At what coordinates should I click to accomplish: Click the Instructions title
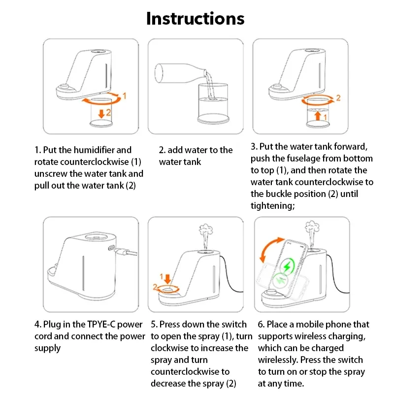click(195, 18)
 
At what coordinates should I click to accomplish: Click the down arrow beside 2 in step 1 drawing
click(101, 114)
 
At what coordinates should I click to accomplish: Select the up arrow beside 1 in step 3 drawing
click(318, 116)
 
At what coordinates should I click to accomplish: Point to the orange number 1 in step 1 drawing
click(125, 96)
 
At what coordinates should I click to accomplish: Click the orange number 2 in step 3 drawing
click(338, 98)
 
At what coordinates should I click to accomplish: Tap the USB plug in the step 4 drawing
click(125, 252)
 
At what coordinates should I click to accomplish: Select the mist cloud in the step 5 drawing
click(206, 229)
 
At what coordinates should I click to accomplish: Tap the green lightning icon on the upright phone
click(287, 266)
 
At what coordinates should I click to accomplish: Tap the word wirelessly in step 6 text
click(278, 360)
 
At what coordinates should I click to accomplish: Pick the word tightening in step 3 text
click(273, 206)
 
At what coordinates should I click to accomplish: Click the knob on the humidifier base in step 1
click(65, 87)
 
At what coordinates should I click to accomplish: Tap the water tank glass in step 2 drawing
click(213, 103)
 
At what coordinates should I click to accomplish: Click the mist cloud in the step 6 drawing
click(312, 227)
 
